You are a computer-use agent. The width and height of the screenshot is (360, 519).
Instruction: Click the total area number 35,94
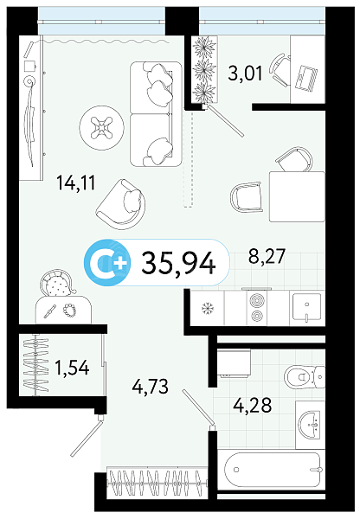pos(179,264)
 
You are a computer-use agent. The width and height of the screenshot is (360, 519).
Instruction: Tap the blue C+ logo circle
pos(107,263)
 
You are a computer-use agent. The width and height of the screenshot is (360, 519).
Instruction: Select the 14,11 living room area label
pos(76,183)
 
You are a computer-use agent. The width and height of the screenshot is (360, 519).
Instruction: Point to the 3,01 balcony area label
pos(245,74)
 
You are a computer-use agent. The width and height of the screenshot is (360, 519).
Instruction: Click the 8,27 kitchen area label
pos(267,256)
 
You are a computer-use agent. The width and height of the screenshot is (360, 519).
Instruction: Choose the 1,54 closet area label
pos(72,368)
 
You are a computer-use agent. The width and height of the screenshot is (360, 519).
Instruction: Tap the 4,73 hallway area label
pos(150,387)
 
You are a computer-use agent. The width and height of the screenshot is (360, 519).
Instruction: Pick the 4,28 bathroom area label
pos(253,405)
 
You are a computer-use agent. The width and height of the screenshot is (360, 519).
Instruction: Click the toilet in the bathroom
pos(305,376)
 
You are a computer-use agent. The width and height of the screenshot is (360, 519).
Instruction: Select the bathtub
pos(273,470)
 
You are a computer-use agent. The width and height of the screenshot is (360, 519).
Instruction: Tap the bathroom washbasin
pos(310,425)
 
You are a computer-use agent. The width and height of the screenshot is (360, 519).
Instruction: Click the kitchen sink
pos(306,307)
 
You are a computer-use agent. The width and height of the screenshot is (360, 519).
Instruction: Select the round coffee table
pos(101,127)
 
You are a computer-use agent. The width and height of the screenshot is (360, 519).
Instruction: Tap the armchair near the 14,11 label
pos(121,204)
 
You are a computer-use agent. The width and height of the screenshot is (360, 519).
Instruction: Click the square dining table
pos(297,196)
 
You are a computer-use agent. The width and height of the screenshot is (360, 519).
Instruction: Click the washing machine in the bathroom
pos(234,363)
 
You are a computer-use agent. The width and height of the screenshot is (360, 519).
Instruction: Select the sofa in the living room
pos(156,113)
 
